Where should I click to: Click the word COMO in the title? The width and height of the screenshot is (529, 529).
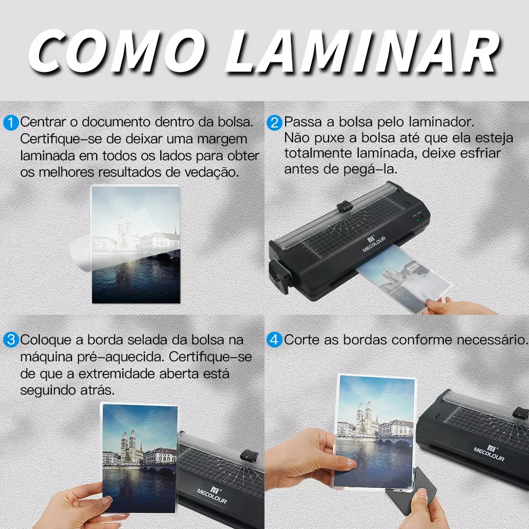pyautogui.click(x=117, y=51)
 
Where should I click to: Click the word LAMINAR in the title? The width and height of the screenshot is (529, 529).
pyautogui.click(x=363, y=51)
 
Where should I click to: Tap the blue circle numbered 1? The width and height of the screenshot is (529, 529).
pyautogui.click(x=11, y=123)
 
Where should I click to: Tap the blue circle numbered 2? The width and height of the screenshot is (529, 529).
pyautogui.click(x=274, y=123)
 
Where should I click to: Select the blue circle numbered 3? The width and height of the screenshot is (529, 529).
pyautogui.click(x=11, y=340)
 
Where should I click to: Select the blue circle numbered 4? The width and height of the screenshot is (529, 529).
pyautogui.click(x=274, y=340)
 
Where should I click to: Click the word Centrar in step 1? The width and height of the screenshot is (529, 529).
pyautogui.click(x=43, y=122)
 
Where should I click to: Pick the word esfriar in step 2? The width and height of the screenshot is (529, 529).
pyautogui.click(x=480, y=153)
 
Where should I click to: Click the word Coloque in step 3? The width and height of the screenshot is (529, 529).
pyautogui.click(x=46, y=340)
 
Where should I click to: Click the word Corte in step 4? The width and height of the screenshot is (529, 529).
pyautogui.click(x=302, y=340)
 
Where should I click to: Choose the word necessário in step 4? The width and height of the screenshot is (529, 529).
pyautogui.click(x=492, y=340)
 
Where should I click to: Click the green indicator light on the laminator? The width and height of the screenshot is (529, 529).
pyautogui.click(x=418, y=220)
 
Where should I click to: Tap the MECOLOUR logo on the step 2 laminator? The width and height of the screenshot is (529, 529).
pyautogui.click(x=373, y=244)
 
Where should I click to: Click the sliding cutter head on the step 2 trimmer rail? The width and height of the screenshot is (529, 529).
pyautogui.click(x=344, y=206)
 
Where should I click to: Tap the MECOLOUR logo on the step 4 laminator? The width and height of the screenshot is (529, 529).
pyautogui.click(x=489, y=453)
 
